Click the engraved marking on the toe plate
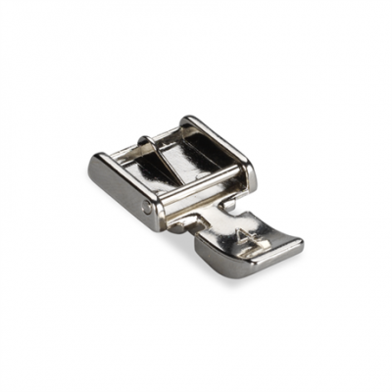click(242, 236)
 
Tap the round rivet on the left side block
click(148, 207)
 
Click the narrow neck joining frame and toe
click(211, 214)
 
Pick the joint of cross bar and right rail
click(244, 174)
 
